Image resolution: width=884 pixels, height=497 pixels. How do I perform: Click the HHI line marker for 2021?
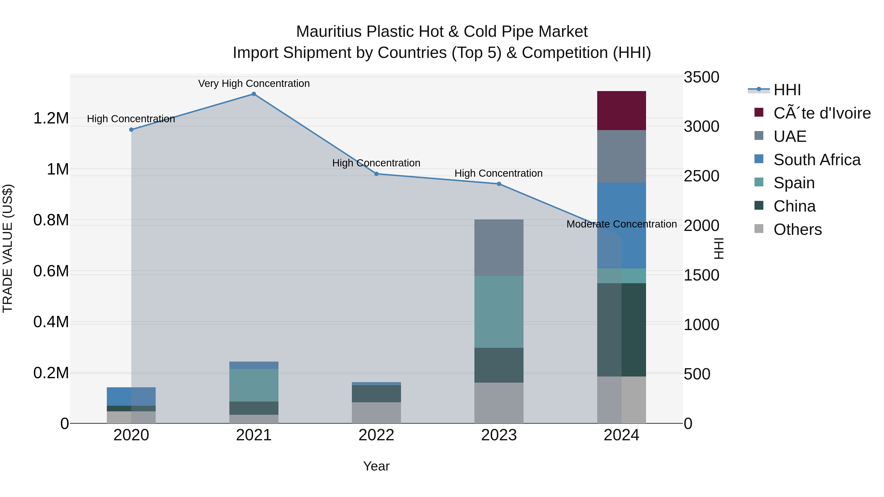tap(254, 94)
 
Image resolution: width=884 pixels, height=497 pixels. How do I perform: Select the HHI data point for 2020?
tap(131, 130)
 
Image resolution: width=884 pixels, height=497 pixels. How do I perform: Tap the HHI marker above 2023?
tap(499, 184)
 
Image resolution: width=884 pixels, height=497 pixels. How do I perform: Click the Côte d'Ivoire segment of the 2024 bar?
tap(622, 110)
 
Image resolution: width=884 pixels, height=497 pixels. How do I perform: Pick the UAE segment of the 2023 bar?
tap(499, 247)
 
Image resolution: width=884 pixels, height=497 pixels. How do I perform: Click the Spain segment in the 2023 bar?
tap(499, 311)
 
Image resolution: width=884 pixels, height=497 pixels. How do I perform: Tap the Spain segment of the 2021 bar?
tap(254, 385)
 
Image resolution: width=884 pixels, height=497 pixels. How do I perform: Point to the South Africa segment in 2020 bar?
tap(131, 397)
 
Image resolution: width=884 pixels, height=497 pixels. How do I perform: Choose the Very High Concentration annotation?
tap(254, 84)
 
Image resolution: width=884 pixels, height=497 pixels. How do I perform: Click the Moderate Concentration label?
tap(622, 224)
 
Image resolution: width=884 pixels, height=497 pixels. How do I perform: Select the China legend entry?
tap(794, 206)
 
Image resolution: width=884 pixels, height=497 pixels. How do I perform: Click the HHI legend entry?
tap(787, 90)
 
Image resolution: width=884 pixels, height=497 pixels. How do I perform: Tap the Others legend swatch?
tap(759, 229)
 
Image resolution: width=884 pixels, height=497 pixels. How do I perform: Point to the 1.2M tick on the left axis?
tap(51, 118)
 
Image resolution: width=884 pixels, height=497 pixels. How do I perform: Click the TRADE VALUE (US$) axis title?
tap(8, 248)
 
